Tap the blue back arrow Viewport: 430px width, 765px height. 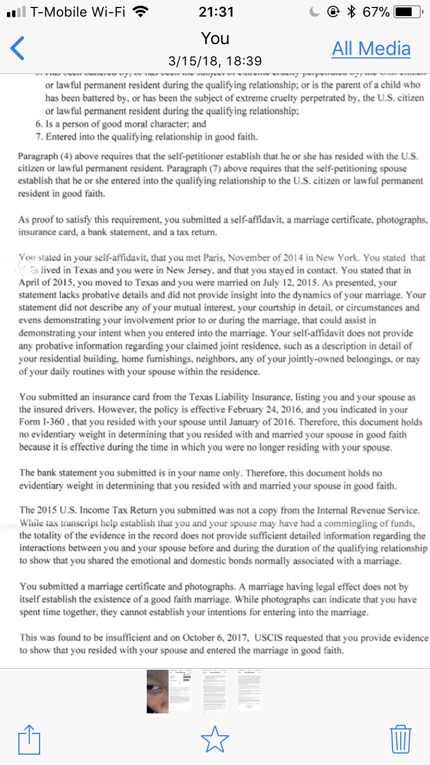click(18, 48)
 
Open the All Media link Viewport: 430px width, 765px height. click(371, 49)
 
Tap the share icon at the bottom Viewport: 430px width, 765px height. click(29, 740)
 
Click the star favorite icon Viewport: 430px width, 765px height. click(215, 740)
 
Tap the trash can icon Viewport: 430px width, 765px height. click(401, 740)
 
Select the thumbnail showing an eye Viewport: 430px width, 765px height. click(157, 690)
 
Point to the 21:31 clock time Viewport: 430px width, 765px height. click(215, 11)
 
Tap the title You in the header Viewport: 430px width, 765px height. click(215, 38)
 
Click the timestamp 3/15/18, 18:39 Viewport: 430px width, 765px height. click(215, 61)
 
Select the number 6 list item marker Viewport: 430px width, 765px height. click(38, 124)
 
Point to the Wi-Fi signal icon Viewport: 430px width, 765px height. click(140, 11)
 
